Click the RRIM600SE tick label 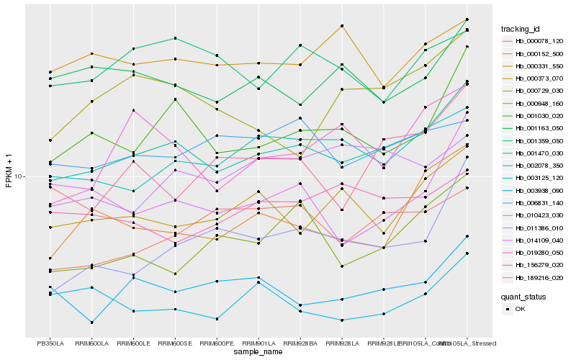tap(175, 343)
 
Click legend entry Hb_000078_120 tap(539, 42)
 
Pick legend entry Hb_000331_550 tap(539, 66)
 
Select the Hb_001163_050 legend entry tap(539, 127)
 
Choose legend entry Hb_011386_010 tap(539, 228)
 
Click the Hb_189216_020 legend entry tap(539, 277)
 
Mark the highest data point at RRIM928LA tap(342, 26)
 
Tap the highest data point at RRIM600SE tap(175, 38)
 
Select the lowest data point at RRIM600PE tap(217, 318)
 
